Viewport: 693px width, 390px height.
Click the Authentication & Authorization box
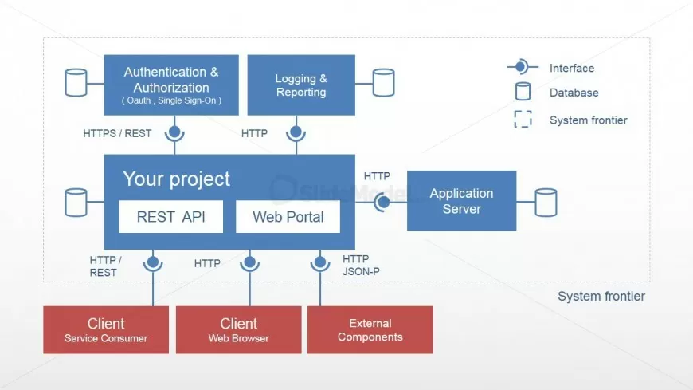point(171,85)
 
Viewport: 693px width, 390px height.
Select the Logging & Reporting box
point(301,85)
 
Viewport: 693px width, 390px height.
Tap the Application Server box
point(461,201)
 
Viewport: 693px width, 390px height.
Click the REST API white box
point(170,216)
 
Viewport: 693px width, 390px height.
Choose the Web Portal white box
point(288,216)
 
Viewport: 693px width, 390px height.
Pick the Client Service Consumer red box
point(106,329)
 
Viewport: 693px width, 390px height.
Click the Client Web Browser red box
point(238,329)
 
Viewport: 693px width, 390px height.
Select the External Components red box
point(370,329)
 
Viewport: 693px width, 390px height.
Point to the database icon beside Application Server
point(546,203)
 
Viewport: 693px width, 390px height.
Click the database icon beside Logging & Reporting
point(383,82)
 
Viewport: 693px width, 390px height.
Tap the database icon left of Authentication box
point(76,82)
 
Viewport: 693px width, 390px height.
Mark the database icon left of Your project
point(76,203)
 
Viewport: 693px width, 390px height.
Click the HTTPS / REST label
point(117,133)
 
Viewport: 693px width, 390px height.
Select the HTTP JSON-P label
point(356,265)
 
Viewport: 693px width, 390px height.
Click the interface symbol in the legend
point(522,68)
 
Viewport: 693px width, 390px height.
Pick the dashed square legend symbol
point(523,120)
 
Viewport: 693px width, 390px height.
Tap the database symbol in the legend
point(523,93)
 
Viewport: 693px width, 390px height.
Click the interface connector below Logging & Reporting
point(296,132)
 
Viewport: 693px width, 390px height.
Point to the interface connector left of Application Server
point(383,202)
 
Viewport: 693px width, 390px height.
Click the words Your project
point(176,179)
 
